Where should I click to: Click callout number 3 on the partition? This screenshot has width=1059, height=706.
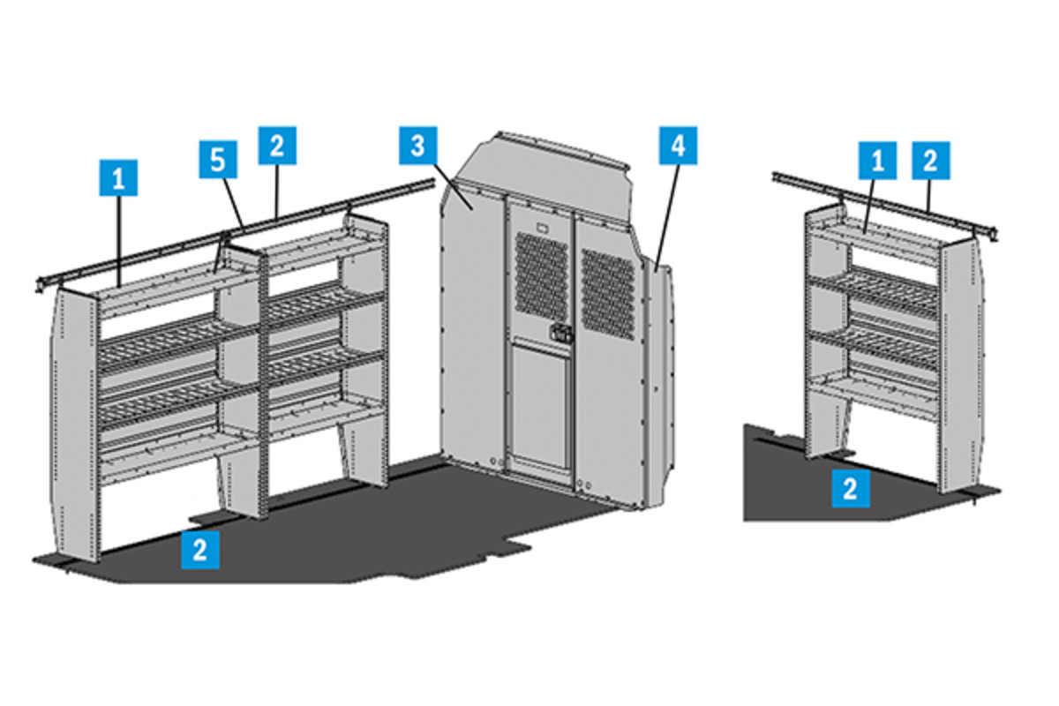[417, 146]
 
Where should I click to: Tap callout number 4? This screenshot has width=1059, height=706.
[678, 146]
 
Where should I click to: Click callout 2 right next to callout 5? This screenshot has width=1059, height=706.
[277, 146]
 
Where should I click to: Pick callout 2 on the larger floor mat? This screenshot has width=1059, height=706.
[200, 549]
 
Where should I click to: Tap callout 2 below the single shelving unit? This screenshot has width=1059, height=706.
[850, 488]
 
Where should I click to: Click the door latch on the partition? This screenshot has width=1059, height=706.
[559, 334]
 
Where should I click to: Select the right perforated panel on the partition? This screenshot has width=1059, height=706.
[608, 291]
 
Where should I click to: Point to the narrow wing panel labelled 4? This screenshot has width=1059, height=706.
[657, 379]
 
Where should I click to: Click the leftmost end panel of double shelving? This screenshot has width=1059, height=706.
[77, 424]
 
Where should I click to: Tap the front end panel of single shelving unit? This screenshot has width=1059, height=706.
[959, 362]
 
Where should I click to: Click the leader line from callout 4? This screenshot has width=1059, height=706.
[667, 212]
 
